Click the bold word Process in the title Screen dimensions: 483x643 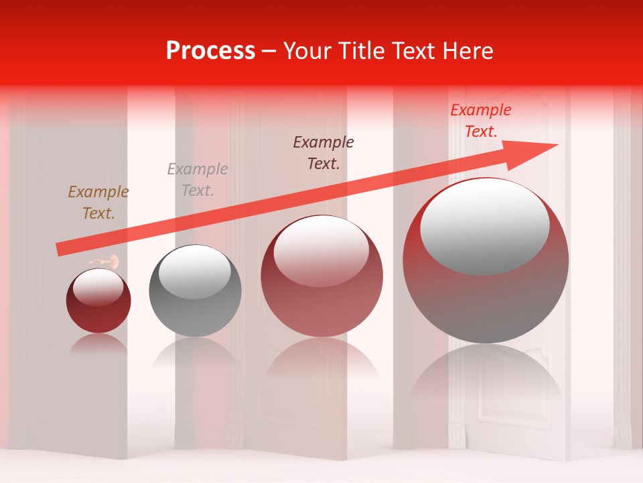pyautogui.click(x=210, y=51)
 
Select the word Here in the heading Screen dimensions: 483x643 pyautogui.click(x=468, y=51)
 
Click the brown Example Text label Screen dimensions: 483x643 pyautogui.click(x=98, y=203)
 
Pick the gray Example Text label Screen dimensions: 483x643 pyautogui.click(x=198, y=180)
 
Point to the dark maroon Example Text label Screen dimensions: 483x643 pyautogui.click(x=324, y=152)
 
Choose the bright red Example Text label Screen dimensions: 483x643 pyautogui.click(x=481, y=121)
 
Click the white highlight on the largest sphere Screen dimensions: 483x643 pyautogui.click(x=484, y=226)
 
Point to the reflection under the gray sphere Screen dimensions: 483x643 pyautogui.click(x=195, y=352)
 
